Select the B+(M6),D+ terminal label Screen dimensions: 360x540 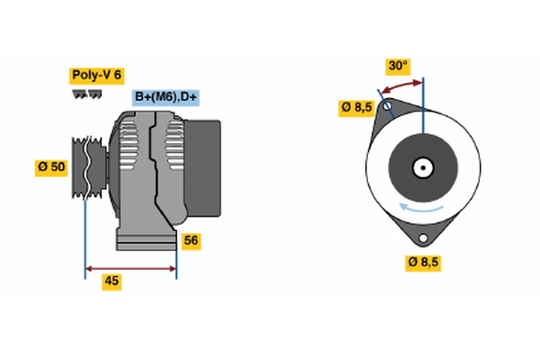point(166,97)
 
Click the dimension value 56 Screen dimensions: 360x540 point(191,240)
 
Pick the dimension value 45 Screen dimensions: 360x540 point(112,281)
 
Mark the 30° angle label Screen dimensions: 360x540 point(398,66)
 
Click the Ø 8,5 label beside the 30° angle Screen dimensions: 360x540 point(356,108)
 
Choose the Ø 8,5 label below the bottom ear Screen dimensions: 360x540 point(425,262)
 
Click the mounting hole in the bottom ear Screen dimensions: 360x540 point(424,237)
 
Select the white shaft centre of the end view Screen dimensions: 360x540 point(423,166)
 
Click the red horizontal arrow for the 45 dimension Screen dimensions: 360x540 point(130,268)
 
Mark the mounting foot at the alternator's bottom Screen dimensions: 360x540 point(144,239)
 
